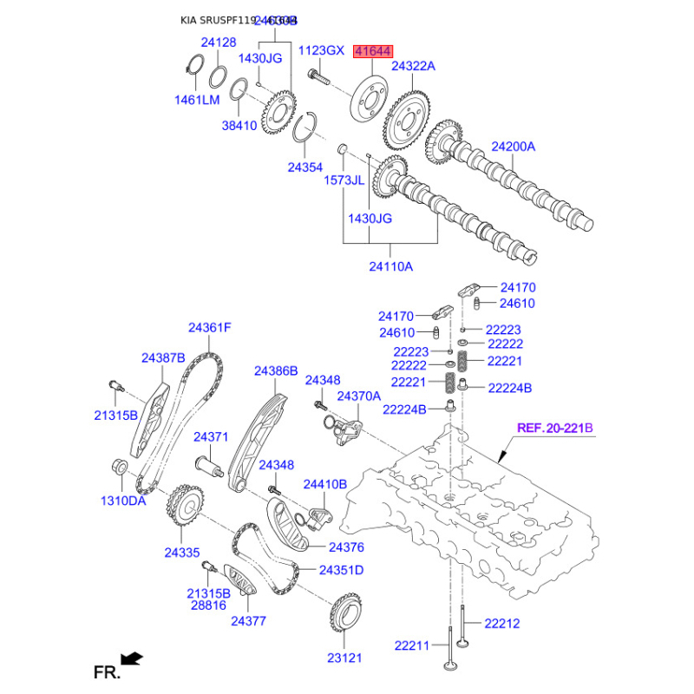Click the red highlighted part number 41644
(371, 54)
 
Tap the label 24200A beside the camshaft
(514, 147)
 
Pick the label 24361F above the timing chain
(210, 328)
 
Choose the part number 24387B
(164, 357)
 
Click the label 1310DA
(123, 501)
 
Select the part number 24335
(182, 552)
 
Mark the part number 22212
(501, 623)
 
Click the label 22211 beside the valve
(412, 645)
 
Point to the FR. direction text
(105, 671)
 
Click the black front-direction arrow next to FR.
(132, 658)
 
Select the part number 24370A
(359, 396)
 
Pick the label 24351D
(341, 570)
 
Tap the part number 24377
(248, 621)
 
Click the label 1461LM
(199, 101)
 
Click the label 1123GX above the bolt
(321, 51)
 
